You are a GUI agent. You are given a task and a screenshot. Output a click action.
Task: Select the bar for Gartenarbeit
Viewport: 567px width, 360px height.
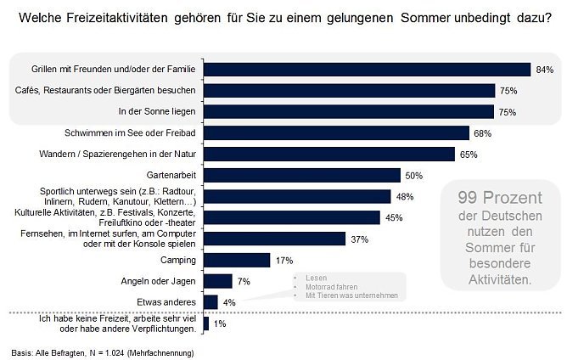pos(301,175)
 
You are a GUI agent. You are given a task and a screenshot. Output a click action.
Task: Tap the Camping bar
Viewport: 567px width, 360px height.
pos(237,260)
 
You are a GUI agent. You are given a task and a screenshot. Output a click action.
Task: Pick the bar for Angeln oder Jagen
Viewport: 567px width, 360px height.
pos(217,281)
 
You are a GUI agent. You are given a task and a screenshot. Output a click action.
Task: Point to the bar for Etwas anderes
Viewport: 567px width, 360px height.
pos(211,301)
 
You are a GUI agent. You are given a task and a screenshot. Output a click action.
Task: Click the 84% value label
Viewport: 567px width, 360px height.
pos(544,70)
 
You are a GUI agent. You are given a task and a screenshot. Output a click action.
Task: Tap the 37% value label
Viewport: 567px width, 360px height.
pos(359,239)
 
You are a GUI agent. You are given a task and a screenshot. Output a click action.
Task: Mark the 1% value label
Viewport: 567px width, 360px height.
pos(219,323)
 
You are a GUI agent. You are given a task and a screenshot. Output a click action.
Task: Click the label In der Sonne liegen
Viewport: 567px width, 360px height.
pos(156,111)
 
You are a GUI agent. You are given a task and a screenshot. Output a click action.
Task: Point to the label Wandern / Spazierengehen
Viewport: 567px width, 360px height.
pos(124,155)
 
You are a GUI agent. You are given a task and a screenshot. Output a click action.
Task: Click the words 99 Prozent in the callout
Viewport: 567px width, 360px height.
pos(500,198)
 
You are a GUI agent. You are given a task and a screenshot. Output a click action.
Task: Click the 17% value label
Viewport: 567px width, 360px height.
pos(283,260)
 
